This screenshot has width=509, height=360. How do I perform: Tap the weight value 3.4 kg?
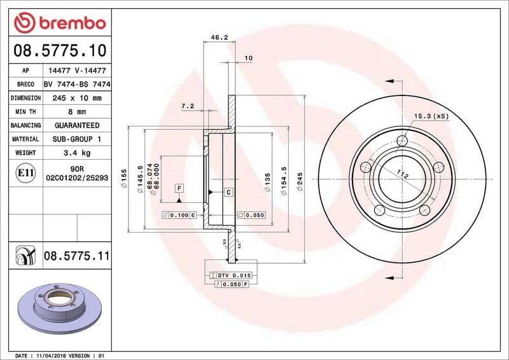[x=76, y=153]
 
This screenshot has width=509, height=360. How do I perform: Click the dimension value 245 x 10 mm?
[x=76, y=98]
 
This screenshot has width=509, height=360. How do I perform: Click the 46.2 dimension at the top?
[x=220, y=38]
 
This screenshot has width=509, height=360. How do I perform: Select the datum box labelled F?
[x=180, y=188]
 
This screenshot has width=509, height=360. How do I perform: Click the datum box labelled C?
[x=228, y=192]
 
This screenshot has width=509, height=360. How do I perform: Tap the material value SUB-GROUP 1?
[x=76, y=139]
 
